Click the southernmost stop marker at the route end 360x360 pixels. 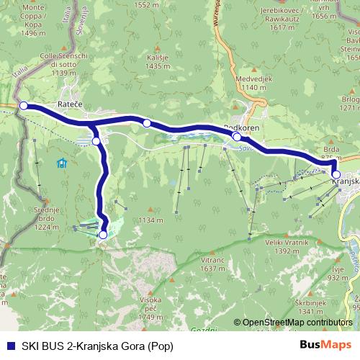pos(103,235)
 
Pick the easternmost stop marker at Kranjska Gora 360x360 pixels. pos(336,174)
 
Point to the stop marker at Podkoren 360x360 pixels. pos(237,136)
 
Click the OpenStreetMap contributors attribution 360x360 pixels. pos(297,323)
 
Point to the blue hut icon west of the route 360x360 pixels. pos(62,163)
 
